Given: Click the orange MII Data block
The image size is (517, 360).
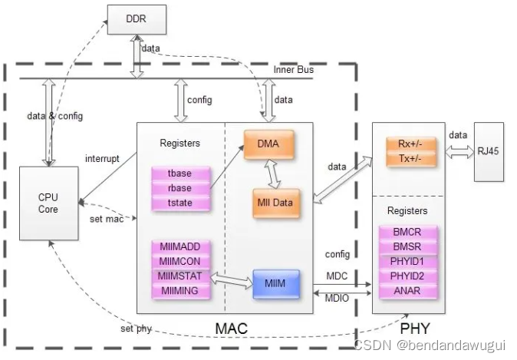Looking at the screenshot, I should point(275,203).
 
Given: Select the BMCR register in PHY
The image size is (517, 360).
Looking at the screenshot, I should point(407,233).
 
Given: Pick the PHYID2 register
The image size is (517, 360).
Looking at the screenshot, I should point(407,276).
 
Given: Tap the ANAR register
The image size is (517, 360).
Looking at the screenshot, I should point(407,290).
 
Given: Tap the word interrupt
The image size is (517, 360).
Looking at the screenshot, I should point(103,159).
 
